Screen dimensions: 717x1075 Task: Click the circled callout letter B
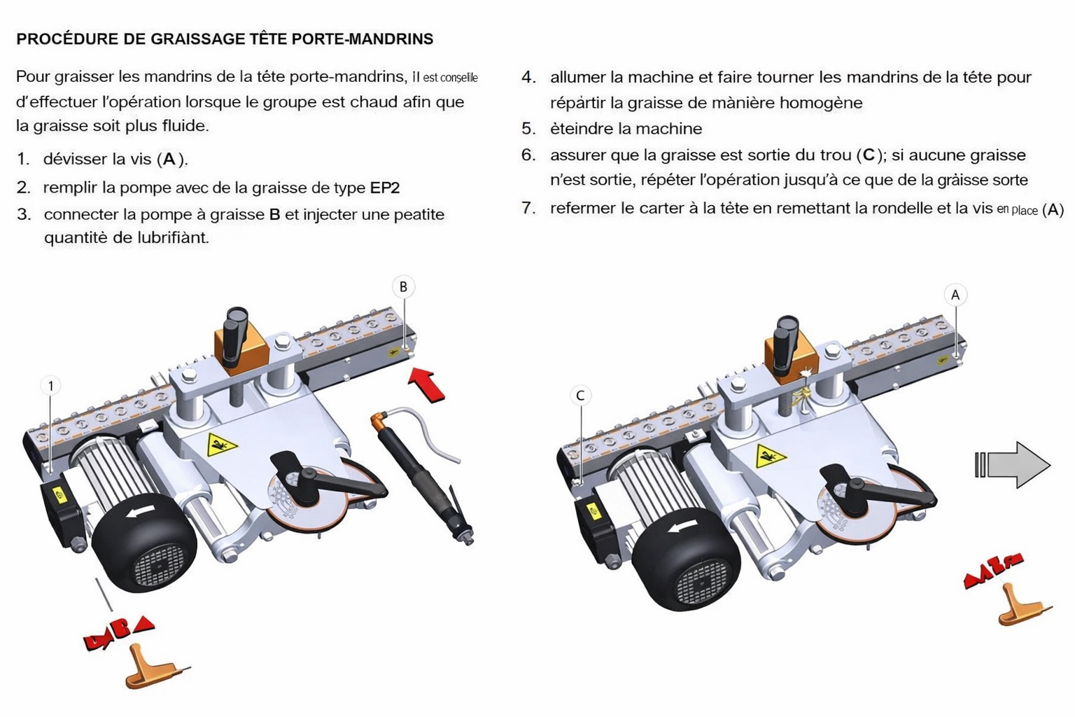[x=403, y=286]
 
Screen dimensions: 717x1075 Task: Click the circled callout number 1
[x=50, y=385]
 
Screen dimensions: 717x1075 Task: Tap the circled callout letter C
[x=580, y=396]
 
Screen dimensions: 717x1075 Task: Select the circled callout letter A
[x=955, y=295]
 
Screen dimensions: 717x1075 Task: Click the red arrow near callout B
[x=426, y=385]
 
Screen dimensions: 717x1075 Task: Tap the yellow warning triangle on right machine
[x=770, y=457]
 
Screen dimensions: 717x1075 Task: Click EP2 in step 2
[x=385, y=188]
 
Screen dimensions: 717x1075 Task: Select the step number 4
[x=528, y=77]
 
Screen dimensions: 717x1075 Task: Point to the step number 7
[x=528, y=208]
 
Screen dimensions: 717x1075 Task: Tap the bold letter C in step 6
[x=869, y=155]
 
